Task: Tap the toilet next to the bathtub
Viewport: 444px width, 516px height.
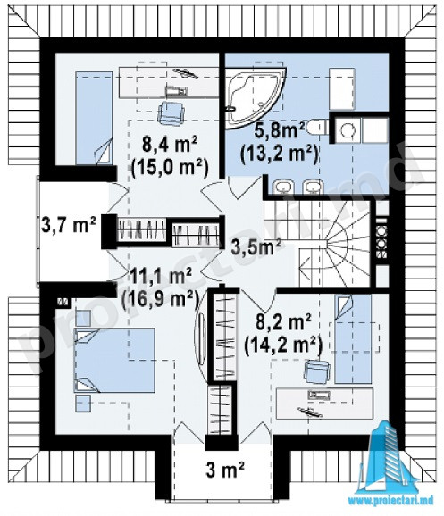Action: click(316, 128)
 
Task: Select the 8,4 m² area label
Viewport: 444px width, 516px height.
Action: click(170, 145)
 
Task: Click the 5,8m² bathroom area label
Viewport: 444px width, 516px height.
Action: click(279, 130)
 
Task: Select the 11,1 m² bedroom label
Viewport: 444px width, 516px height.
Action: click(161, 277)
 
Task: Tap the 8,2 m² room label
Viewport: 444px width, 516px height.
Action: click(283, 322)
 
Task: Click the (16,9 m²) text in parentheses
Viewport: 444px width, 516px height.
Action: click(161, 299)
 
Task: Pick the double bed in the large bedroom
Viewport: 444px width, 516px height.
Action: click(114, 360)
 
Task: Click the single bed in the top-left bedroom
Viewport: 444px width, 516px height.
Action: click(94, 118)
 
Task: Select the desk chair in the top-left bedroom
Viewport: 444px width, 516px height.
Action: click(171, 112)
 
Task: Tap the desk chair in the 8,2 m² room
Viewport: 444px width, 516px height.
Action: click(317, 371)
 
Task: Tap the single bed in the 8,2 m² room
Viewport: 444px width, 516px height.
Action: click(353, 339)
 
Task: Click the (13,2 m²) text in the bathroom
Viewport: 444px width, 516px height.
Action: click(280, 154)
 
